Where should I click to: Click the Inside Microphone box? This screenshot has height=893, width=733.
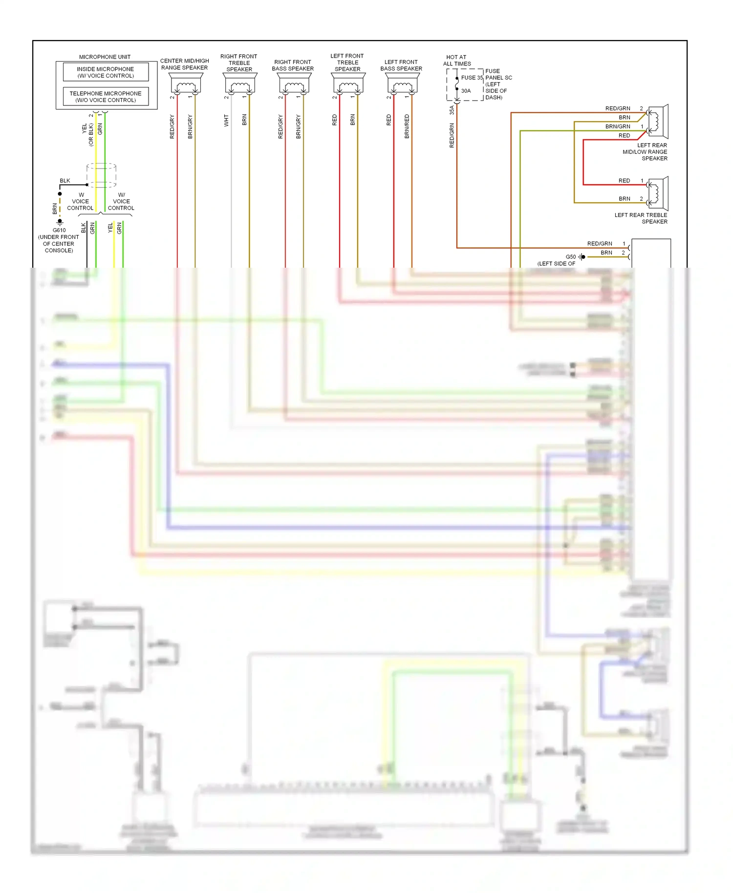click(x=106, y=72)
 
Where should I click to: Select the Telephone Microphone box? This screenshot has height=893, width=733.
click(x=106, y=97)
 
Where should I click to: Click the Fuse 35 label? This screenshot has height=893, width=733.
click(x=472, y=78)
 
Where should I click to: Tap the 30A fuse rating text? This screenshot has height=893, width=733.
click(x=466, y=91)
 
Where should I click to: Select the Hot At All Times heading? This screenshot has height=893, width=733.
click(x=457, y=61)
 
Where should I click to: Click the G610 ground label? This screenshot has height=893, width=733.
click(x=59, y=230)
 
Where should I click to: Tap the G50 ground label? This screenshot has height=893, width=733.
click(x=570, y=257)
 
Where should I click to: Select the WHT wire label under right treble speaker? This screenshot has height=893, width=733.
click(x=226, y=120)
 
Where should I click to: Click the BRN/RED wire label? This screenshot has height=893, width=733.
click(x=407, y=127)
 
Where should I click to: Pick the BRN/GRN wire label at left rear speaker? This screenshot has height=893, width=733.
click(x=618, y=127)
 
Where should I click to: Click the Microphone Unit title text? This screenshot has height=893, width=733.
click(x=105, y=57)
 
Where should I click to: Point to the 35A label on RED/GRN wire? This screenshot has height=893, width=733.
click(x=452, y=110)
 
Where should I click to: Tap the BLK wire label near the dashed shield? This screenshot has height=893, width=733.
click(x=65, y=181)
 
